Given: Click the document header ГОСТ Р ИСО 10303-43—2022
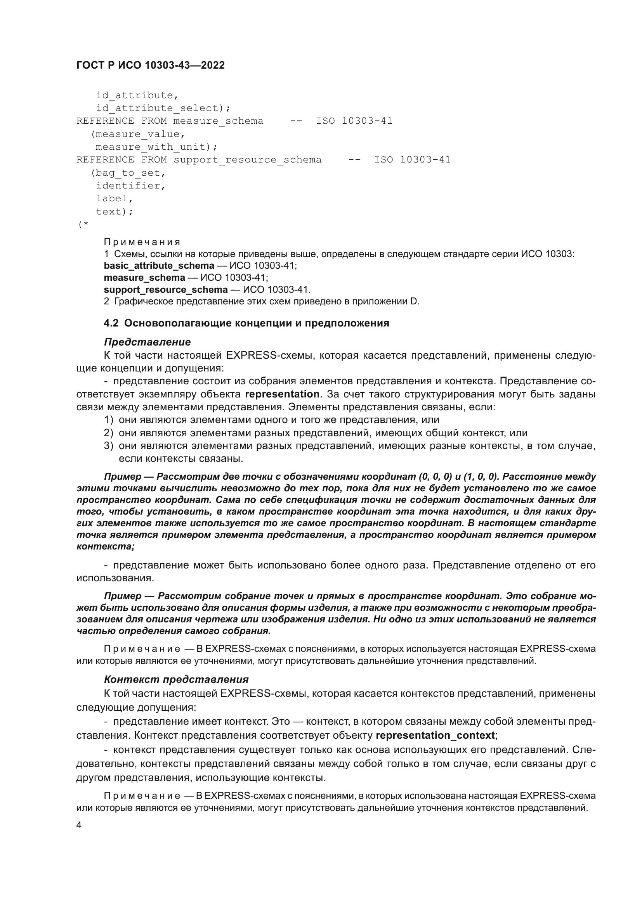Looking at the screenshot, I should [150, 65].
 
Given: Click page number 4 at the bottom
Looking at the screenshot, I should [79, 825].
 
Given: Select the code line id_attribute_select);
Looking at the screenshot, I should [163, 108].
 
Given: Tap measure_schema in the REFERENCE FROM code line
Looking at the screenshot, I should [218, 121].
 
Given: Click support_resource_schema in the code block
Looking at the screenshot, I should [248, 160].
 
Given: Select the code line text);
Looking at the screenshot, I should [115, 212].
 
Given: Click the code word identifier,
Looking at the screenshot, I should [130, 186].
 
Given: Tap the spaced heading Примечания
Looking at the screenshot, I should [142, 242].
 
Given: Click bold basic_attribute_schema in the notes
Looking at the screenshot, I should [159, 266].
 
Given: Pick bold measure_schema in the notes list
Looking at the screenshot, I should [144, 277].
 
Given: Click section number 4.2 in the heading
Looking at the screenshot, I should [111, 323].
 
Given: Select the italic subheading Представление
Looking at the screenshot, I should [147, 342].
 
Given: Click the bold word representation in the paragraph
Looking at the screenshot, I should [282, 394].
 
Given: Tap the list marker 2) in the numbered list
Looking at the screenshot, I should [108, 433].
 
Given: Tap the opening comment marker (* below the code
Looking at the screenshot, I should [83, 225].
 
